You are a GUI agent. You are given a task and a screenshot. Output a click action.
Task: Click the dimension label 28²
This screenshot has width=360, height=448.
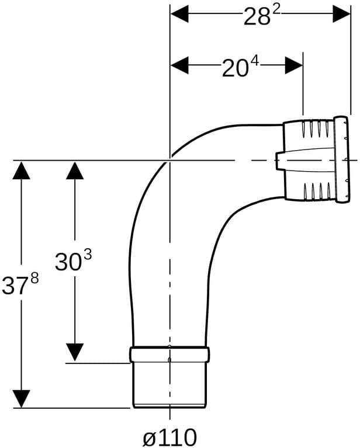[x=261, y=15]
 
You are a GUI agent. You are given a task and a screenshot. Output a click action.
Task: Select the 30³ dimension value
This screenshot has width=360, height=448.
[x=74, y=261]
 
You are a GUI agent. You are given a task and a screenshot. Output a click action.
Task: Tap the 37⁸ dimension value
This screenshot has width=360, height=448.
[x=20, y=284]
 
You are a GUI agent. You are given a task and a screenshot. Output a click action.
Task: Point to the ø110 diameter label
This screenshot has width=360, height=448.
[x=170, y=437]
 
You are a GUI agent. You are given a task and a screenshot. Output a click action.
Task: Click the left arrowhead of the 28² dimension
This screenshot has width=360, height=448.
[x=179, y=13]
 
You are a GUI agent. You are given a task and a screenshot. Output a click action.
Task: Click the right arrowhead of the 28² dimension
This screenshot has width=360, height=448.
[x=341, y=13]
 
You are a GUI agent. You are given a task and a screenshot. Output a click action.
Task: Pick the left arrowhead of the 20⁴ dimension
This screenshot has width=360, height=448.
[x=179, y=65]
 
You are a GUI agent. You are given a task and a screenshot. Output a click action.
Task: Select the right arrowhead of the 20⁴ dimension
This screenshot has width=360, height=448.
[x=294, y=65]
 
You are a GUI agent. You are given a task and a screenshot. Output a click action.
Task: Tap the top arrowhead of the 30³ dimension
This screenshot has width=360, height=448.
[x=75, y=171]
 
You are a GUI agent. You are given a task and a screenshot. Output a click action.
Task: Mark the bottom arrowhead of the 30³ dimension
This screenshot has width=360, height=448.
[x=75, y=352]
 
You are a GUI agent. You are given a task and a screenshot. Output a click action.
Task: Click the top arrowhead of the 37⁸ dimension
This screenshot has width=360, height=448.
[x=22, y=171]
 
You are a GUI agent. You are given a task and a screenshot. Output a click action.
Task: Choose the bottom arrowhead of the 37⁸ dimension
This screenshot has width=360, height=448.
[x=22, y=399]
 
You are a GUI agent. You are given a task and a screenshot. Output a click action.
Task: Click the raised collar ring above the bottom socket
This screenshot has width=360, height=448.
[x=169, y=355]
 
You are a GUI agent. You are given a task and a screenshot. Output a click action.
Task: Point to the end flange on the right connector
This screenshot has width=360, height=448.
[x=342, y=159]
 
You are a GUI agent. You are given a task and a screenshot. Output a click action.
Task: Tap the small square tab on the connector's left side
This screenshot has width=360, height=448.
[x=279, y=161]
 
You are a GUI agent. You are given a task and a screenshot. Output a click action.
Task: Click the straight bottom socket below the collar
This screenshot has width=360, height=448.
[x=169, y=385]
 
